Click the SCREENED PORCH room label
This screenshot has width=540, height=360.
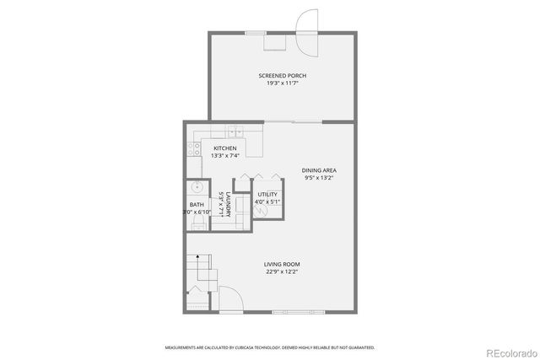coord(282,76)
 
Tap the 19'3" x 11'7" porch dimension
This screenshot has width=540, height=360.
coord(282,83)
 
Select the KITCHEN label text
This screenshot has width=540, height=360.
coord(213,148)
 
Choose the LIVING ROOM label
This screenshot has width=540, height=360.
coord(282,264)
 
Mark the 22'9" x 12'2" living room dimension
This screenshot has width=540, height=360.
coord(282,271)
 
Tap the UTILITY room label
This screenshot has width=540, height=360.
coord(269,194)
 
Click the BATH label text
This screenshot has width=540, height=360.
coord(197,205)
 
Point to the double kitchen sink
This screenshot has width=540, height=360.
coord(234,132)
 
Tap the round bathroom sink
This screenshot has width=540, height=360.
coord(195,188)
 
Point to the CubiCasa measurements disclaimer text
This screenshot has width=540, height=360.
coord(270,347)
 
